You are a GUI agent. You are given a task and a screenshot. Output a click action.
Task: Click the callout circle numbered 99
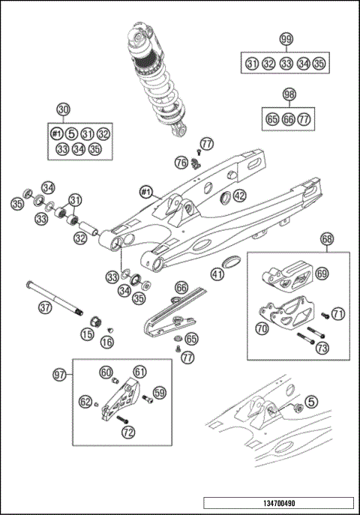tap(286, 39)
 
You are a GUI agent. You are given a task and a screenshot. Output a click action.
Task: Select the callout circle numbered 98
tap(289, 94)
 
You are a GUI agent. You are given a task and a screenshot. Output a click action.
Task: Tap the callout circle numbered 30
tap(64, 109)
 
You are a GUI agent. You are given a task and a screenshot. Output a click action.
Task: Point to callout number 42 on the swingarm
tap(239, 196)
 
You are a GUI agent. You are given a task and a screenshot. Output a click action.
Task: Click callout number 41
tap(217, 274)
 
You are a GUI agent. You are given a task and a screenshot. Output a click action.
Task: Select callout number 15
tap(88, 334)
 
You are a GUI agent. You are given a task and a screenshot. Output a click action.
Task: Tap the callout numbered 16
tap(107, 342)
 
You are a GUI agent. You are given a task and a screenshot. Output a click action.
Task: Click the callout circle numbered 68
tap(327, 239)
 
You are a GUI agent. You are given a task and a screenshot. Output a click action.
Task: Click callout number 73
tap(322, 348)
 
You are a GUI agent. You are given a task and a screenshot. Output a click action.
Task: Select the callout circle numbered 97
tap(58, 373)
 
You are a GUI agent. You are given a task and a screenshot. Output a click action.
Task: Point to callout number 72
tap(128, 432)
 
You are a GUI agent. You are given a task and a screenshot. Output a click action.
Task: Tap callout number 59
tap(159, 391)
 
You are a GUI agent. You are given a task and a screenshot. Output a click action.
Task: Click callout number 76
tap(181, 162)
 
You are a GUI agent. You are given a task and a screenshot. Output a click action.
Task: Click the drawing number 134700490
tap(279, 502)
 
